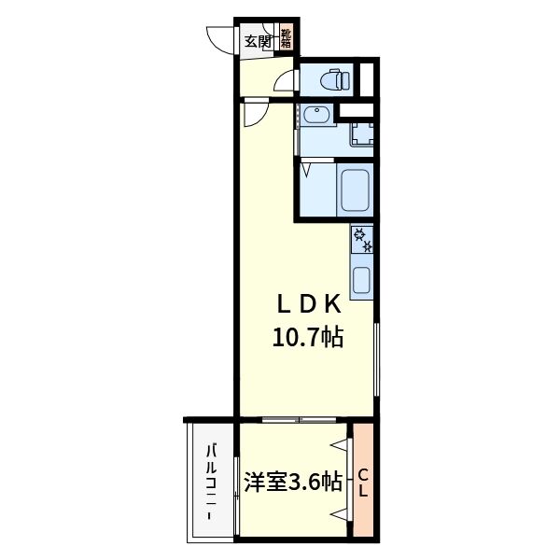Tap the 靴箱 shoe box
285,39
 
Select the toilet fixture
332,79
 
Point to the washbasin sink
315,117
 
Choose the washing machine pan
361,133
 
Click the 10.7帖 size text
307,338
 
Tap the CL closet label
364,482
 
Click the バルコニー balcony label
213,482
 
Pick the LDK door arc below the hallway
255,114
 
